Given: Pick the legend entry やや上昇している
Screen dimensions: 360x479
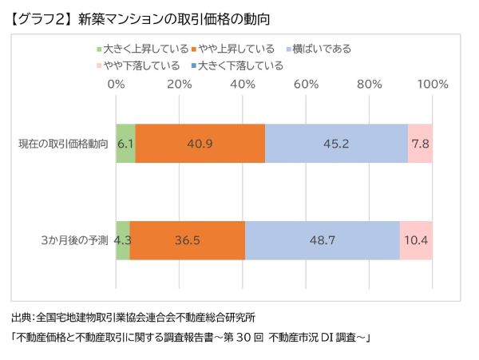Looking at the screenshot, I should [234, 49].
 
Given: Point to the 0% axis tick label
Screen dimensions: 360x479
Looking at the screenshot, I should [117, 84].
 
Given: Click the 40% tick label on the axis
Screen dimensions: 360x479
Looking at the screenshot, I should [243, 84].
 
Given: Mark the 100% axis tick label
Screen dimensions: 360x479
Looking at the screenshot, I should [432, 84].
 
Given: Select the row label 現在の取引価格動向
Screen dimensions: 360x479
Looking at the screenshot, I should [64, 144].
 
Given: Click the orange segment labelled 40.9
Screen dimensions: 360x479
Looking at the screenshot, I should [200, 144].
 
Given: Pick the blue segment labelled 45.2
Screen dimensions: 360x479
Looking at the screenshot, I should [336, 144].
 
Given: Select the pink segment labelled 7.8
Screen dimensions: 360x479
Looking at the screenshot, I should [420, 144].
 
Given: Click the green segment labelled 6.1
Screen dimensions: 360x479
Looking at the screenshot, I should [125, 144].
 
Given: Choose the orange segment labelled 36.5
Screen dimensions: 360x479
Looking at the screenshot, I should [187, 239].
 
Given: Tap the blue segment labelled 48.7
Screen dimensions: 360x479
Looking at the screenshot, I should [322, 239].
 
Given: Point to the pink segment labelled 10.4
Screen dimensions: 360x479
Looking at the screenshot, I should [416, 239].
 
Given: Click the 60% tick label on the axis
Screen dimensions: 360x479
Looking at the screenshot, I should [306, 84].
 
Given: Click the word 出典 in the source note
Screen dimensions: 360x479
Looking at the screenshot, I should [22, 317].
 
